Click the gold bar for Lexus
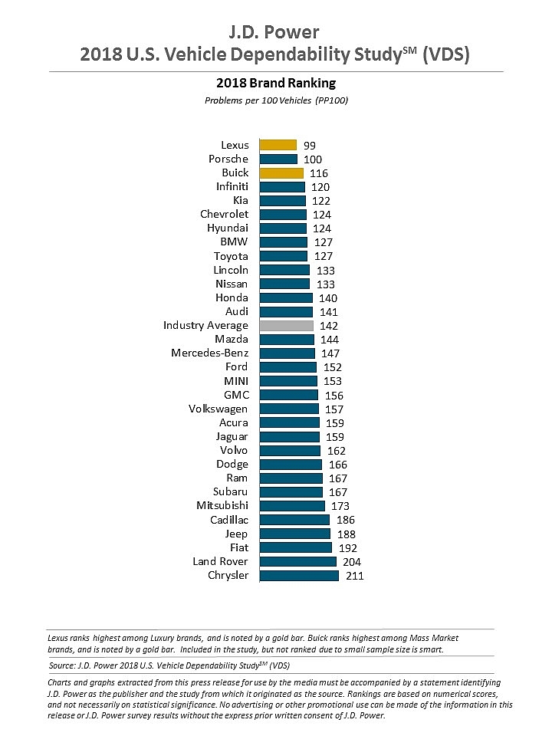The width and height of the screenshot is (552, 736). pos(278,145)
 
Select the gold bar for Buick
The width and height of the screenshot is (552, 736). pos(281,173)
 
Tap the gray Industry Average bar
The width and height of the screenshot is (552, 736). pos(286,326)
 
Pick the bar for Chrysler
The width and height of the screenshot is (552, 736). pos(299,576)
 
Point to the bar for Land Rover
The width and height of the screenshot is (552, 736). pos(298,562)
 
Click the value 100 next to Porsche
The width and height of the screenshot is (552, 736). pos(313,159)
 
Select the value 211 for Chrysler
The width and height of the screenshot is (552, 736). pos(353,576)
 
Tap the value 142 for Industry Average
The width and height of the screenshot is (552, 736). pos(328,326)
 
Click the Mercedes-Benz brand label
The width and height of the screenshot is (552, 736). pos(210,353)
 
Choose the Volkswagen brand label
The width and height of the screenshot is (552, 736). pos(219,409)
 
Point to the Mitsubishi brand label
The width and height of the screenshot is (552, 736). pos(222,506)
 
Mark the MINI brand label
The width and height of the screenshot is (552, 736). pos(236,381)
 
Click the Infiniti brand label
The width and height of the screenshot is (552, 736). pos(232,187)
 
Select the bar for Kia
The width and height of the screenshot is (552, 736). pos(283,201)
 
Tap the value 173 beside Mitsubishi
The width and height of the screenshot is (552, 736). pos(340,506)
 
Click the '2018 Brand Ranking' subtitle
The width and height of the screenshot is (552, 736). pos(277,83)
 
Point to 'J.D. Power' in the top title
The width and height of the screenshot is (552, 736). pos(275,32)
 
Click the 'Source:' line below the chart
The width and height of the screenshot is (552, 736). pos(169,665)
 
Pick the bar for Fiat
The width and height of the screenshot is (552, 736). pos(296,548)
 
